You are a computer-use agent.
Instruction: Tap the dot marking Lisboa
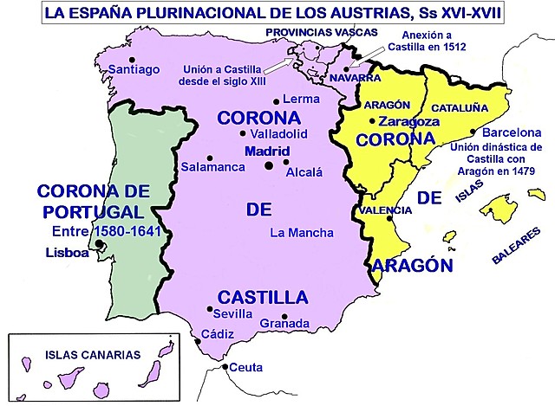(101, 245)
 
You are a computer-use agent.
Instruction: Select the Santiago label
(126, 68)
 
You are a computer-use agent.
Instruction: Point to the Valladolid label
(278, 134)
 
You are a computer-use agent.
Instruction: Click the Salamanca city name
(213, 165)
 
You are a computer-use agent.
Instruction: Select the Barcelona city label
(505, 133)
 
